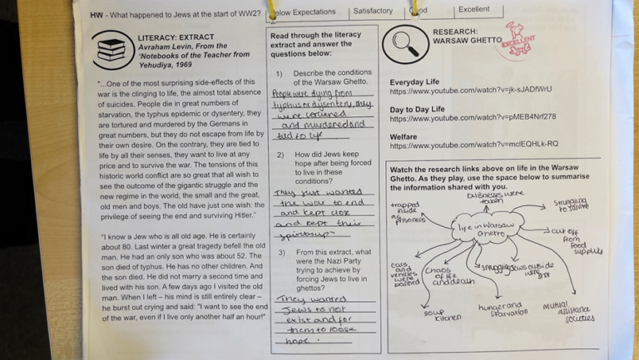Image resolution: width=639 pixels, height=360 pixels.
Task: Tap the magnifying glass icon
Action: pos(406,42)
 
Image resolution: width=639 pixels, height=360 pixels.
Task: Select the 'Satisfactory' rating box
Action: pos(373,12)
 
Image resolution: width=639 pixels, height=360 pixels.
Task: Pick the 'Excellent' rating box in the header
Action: pos(473,10)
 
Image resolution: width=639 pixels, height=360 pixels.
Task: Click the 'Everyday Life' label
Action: pos(414,81)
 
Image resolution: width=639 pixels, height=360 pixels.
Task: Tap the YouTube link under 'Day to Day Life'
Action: pos(473,118)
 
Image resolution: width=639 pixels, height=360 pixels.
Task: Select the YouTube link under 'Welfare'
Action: pos(473,145)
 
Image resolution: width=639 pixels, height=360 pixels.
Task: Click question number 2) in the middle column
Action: pos(280,155)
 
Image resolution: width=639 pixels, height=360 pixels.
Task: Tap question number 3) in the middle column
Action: pos(280,252)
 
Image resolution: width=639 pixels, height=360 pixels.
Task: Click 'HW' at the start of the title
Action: pos(97,15)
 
